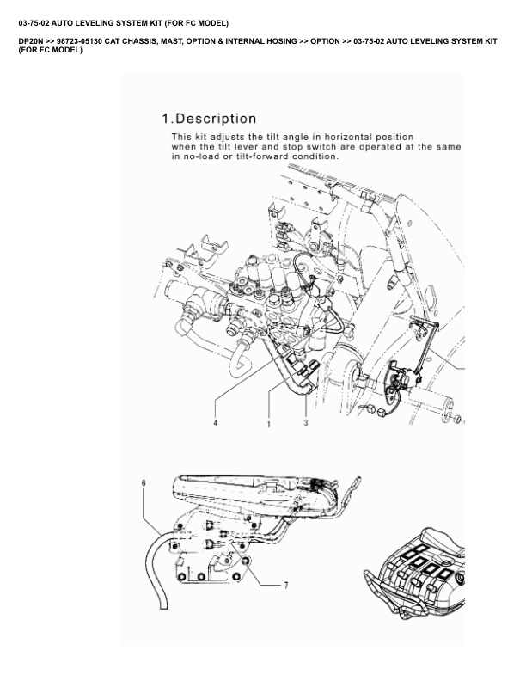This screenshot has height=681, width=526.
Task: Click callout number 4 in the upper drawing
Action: (216, 423)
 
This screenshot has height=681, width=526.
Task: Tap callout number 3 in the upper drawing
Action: (305, 423)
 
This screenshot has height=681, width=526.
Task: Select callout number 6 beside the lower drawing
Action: (144, 483)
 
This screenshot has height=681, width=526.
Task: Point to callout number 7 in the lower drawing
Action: (286, 585)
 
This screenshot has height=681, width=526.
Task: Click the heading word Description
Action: (216, 118)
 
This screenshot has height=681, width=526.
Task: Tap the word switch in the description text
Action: (325, 147)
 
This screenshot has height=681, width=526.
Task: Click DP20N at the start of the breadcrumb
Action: (34, 41)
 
